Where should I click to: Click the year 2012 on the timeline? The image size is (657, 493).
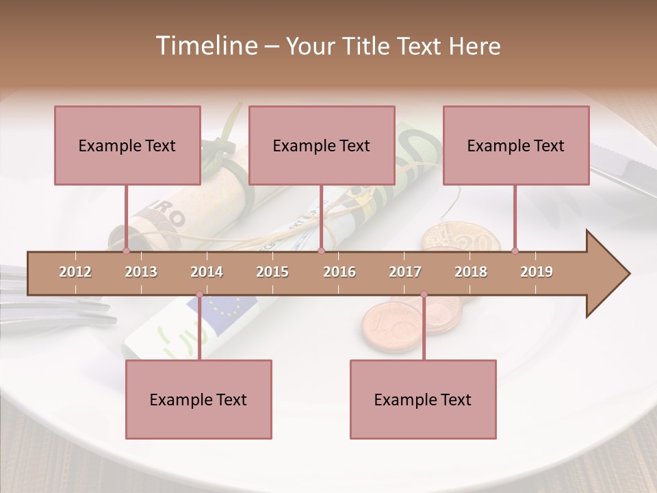click(x=75, y=272)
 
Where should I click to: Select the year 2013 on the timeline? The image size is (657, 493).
click(x=141, y=272)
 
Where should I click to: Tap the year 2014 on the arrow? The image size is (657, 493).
click(x=207, y=272)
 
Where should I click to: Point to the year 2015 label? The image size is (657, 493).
click(x=272, y=272)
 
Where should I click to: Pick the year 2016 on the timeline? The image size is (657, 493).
click(x=339, y=272)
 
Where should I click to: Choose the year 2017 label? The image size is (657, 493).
click(x=405, y=272)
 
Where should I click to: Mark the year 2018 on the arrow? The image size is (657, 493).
click(x=471, y=272)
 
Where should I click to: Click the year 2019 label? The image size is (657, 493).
click(x=537, y=272)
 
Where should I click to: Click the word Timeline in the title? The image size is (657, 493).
click(x=205, y=46)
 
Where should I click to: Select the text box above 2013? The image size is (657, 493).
click(x=127, y=145)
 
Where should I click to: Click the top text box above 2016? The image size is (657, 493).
click(x=322, y=145)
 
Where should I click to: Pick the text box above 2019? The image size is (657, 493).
click(x=516, y=145)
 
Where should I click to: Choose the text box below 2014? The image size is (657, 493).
click(x=198, y=399)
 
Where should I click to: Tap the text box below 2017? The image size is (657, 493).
click(x=423, y=399)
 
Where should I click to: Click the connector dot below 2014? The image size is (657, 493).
click(x=199, y=294)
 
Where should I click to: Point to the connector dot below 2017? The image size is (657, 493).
click(x=424, y=294)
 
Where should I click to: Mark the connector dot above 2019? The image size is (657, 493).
click(x=515, y=251)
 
